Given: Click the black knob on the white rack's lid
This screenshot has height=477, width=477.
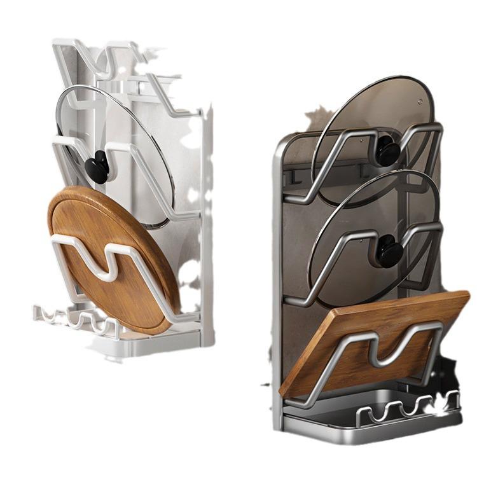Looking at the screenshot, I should coord(97,167).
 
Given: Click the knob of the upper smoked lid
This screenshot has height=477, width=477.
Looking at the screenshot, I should coord(387,150).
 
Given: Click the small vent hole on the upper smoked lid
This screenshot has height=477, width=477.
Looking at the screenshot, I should coord(420,100).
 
